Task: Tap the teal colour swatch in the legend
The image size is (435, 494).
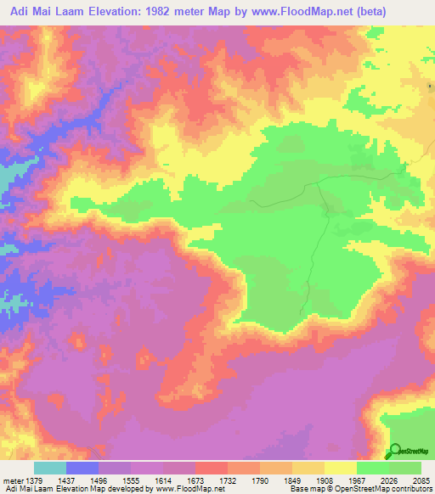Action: pyautogui.click(x=50, y=469)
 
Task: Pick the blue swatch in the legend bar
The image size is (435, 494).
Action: pyautogui.click(x=82, y=469)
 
